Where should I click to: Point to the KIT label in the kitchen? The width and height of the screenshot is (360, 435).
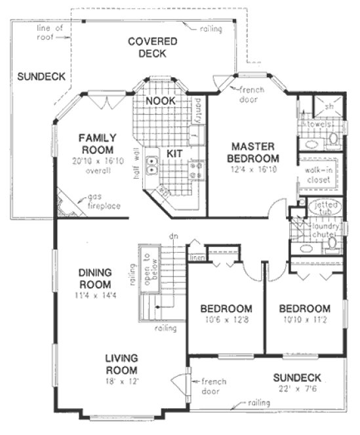click(174, 153)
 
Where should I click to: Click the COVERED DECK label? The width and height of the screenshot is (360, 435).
click(152, 47)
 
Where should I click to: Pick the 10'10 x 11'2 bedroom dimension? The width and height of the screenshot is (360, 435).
click(304, 320)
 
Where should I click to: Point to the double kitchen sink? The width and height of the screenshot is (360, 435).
click(152, 165)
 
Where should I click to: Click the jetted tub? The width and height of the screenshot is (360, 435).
click(323, 208)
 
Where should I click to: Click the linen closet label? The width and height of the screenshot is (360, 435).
click(196, 258)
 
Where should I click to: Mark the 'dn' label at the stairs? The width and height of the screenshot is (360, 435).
click(174, 236)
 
